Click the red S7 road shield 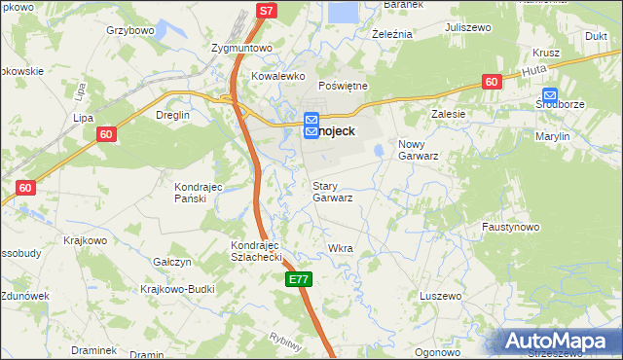pyautogui.click(x=267, y=11)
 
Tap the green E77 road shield pyautogui.click(x=299, y=279)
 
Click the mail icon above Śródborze pyautogui.click(x=551, y=95)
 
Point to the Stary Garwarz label pyautogui.click(x=332, y=191)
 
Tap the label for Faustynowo pyautogui.click(x=510, y=227)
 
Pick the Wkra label pyautogui.click(x=341, y=248)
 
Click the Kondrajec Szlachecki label pyautogui.click(x=256, y=251)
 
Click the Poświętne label pyautogui.click(x=343, y=86)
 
